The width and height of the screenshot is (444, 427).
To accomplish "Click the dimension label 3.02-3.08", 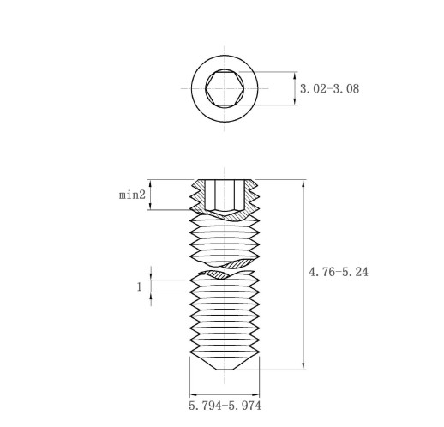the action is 329,89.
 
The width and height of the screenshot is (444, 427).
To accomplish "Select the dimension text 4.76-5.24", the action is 339,272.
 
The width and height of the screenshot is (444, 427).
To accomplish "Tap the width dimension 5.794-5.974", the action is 225,406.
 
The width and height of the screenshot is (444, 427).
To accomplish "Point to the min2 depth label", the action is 132,195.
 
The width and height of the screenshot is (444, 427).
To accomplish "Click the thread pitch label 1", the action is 140,286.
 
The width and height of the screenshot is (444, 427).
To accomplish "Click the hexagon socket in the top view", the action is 225,88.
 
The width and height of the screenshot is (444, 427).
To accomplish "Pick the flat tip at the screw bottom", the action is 225,370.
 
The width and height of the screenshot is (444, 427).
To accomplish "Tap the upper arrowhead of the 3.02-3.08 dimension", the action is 295,75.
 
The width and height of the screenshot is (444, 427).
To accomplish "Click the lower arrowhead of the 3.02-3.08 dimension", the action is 295,101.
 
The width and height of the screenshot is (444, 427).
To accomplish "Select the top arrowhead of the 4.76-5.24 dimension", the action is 303,183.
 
